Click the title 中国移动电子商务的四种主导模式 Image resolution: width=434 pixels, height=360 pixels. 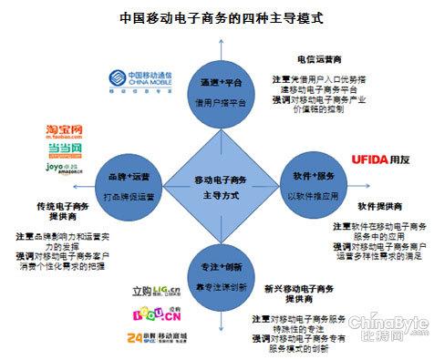[x=216, y=16]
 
